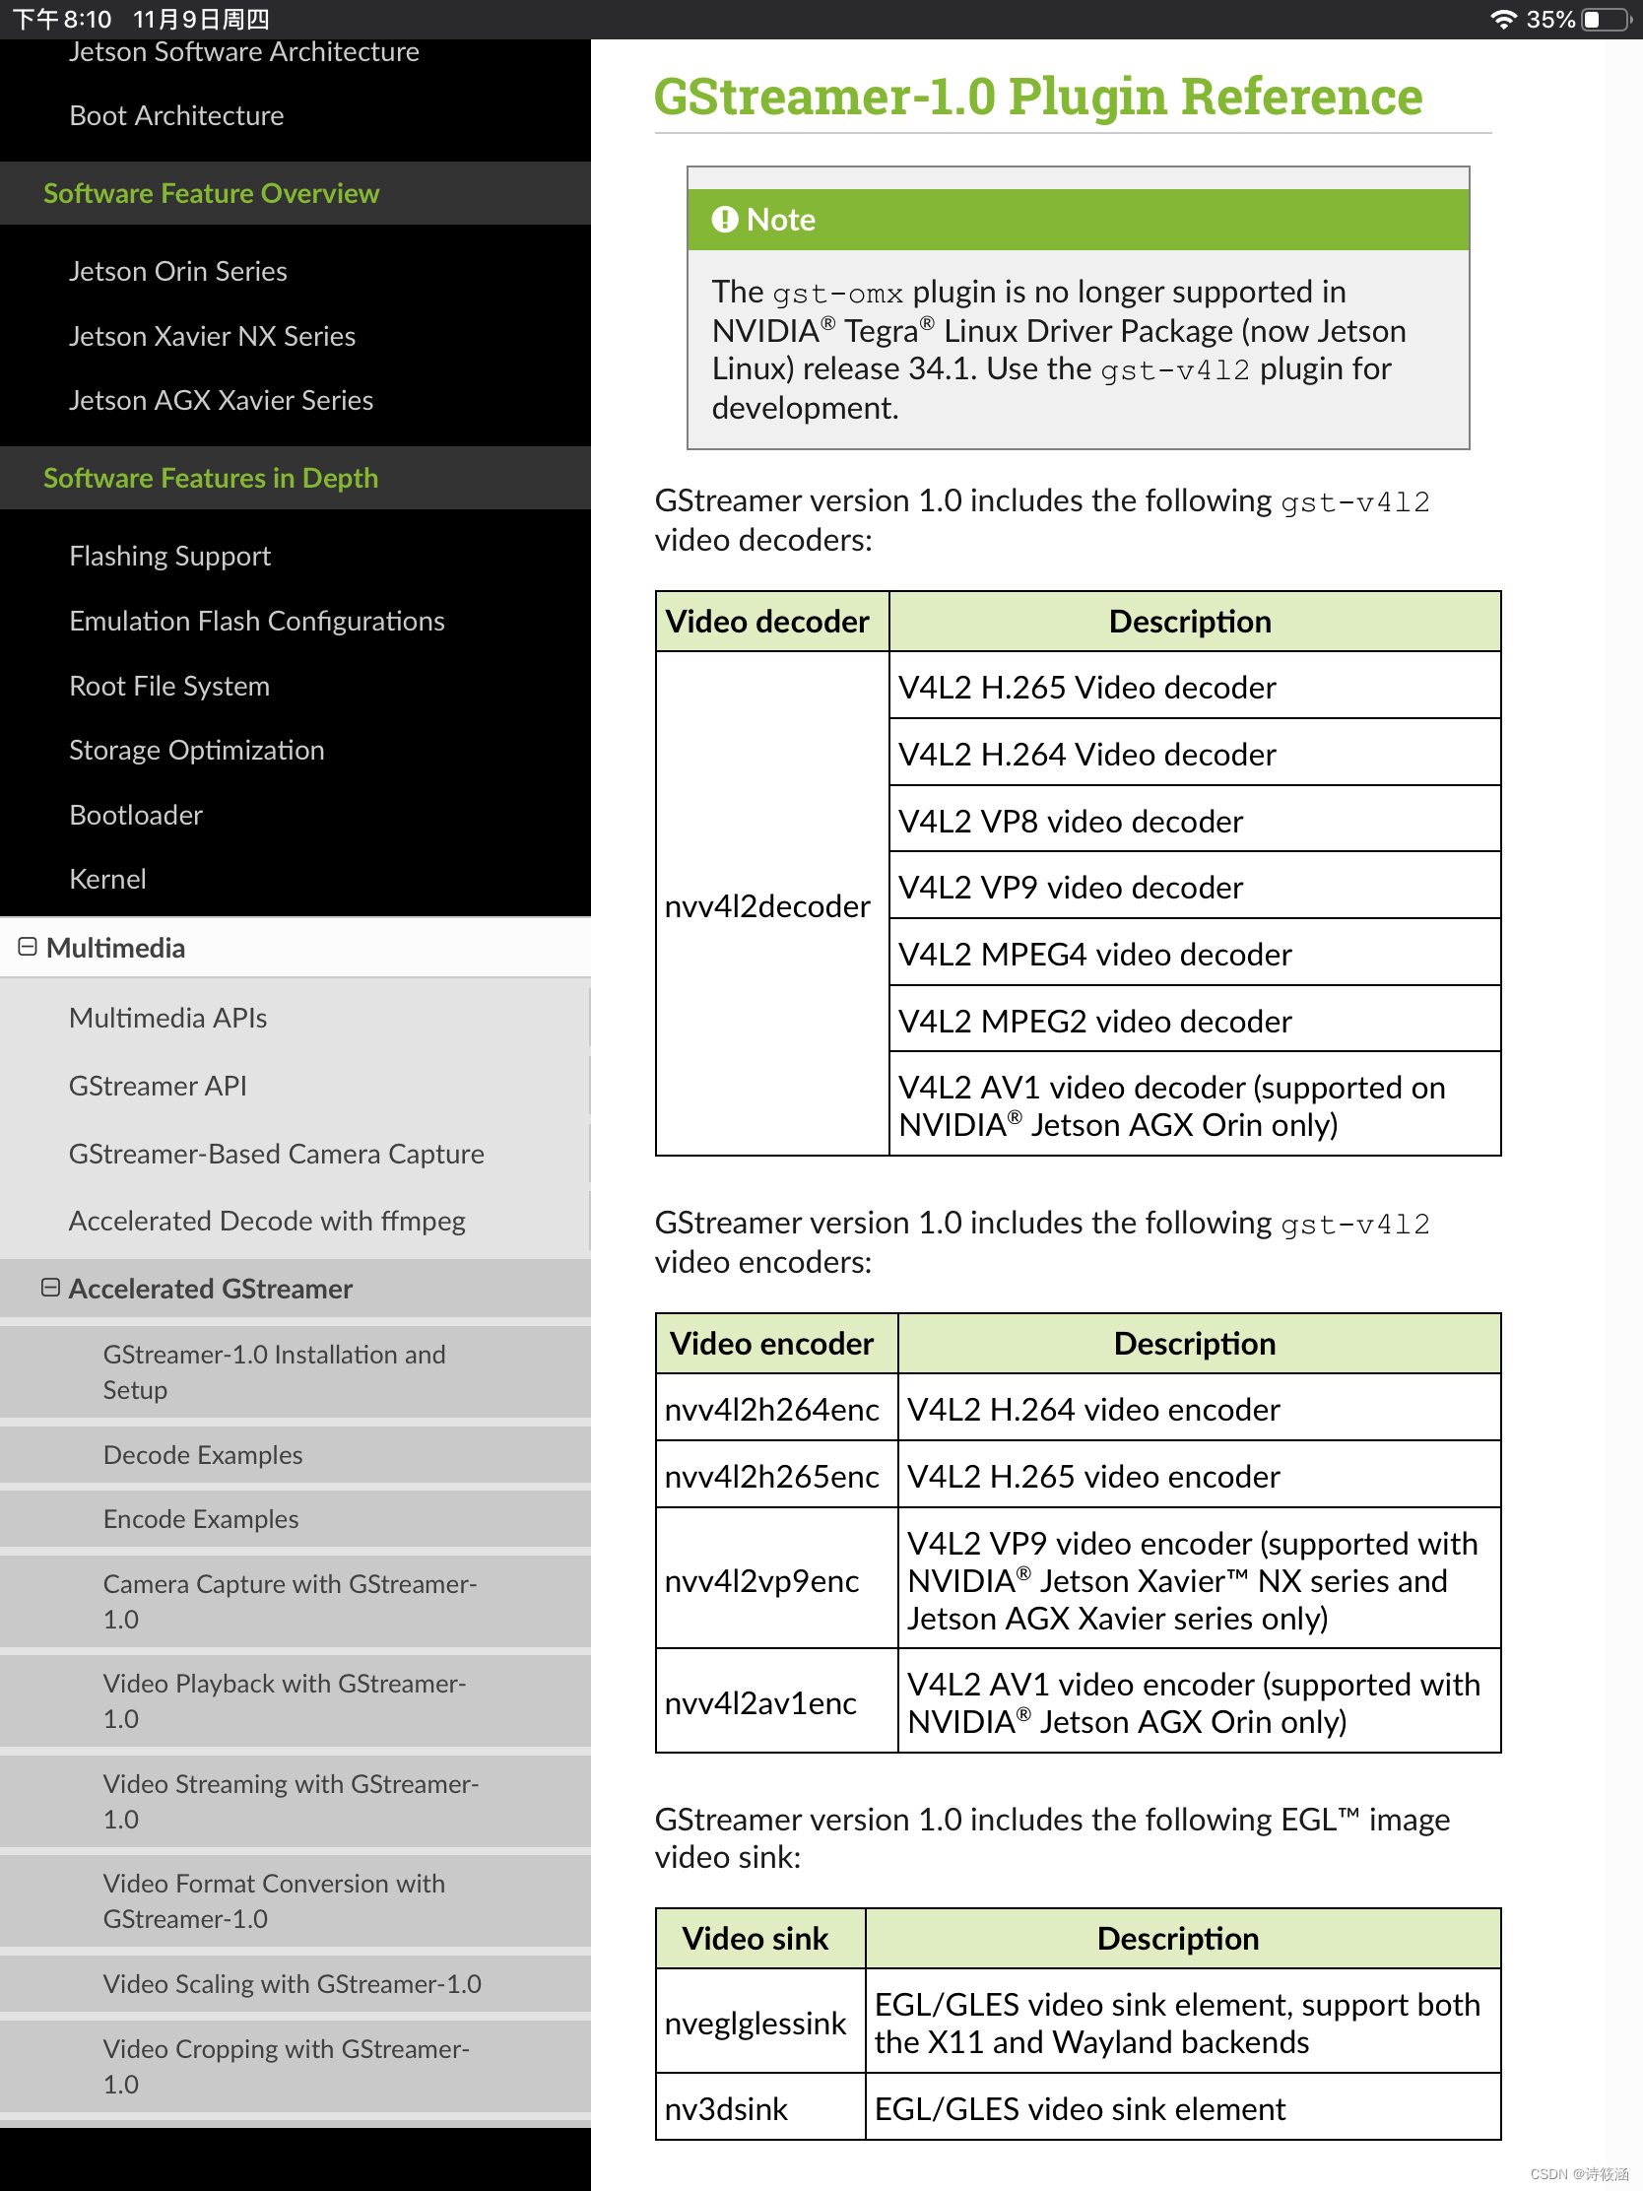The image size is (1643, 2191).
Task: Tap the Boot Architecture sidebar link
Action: tap(176, 116)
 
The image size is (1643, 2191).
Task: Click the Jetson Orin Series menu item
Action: tap(178, 271)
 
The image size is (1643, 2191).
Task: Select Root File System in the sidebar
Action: tap(169, 686)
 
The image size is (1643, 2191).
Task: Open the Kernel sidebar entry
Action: tap(108, 879)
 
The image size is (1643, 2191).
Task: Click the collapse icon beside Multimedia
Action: tap(28, 947)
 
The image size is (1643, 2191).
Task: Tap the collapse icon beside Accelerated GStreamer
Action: tap(50, 1288)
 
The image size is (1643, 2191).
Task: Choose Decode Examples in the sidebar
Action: tap(203, 1454)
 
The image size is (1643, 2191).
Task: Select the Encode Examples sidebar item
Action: tap(201, 1518)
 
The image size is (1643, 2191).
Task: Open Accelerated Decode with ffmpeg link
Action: tap(267, 1221)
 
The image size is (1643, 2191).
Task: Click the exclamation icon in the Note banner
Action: tap(725, 219)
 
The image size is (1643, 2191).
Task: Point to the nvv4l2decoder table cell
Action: tap(767, 905)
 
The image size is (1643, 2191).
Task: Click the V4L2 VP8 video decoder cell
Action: tap(1071, 821)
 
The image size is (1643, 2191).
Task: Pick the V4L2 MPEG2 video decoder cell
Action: tap(1095, 1021)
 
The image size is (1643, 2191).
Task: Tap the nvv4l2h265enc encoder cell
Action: tap(771, 1476)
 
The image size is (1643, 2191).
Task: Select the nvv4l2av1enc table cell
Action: tap(760, 1702)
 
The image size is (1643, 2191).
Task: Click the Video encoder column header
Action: tap(772, 1343)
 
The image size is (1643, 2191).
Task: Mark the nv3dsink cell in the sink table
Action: tap(726, 2109)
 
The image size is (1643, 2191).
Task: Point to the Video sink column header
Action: tap(756, 1938)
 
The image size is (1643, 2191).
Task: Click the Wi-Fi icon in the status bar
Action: tap(1503, 19)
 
